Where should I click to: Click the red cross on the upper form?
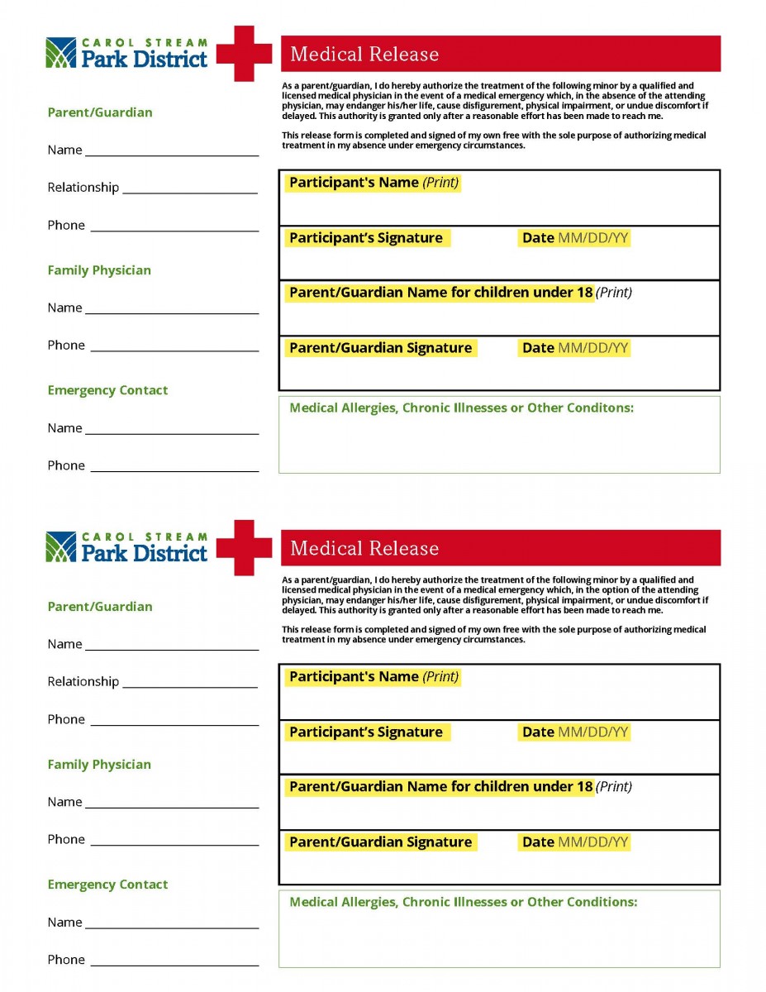click(x=245, y=54)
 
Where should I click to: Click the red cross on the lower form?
click(x=245, y=548)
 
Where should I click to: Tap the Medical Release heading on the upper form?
click(x=364, y=55)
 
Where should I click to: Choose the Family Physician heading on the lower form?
click(x=99, y=765)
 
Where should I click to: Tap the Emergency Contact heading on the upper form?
click(x=107, y=390)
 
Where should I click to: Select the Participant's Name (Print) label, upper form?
click(x=373, y=183)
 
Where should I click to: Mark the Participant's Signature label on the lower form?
click(x=365, y=732)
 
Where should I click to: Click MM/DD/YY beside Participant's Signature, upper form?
click(x=593, y=238)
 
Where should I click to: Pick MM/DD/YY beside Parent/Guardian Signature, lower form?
click(x=593, y=842)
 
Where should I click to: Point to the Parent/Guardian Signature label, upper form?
click(x=380, y=348)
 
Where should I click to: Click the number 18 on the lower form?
click(x=584, y=787)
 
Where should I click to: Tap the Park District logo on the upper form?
click(x=127, y=53)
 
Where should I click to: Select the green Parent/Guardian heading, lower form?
click(x=100, y=607)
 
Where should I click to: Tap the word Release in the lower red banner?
click(x=407, y=549)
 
